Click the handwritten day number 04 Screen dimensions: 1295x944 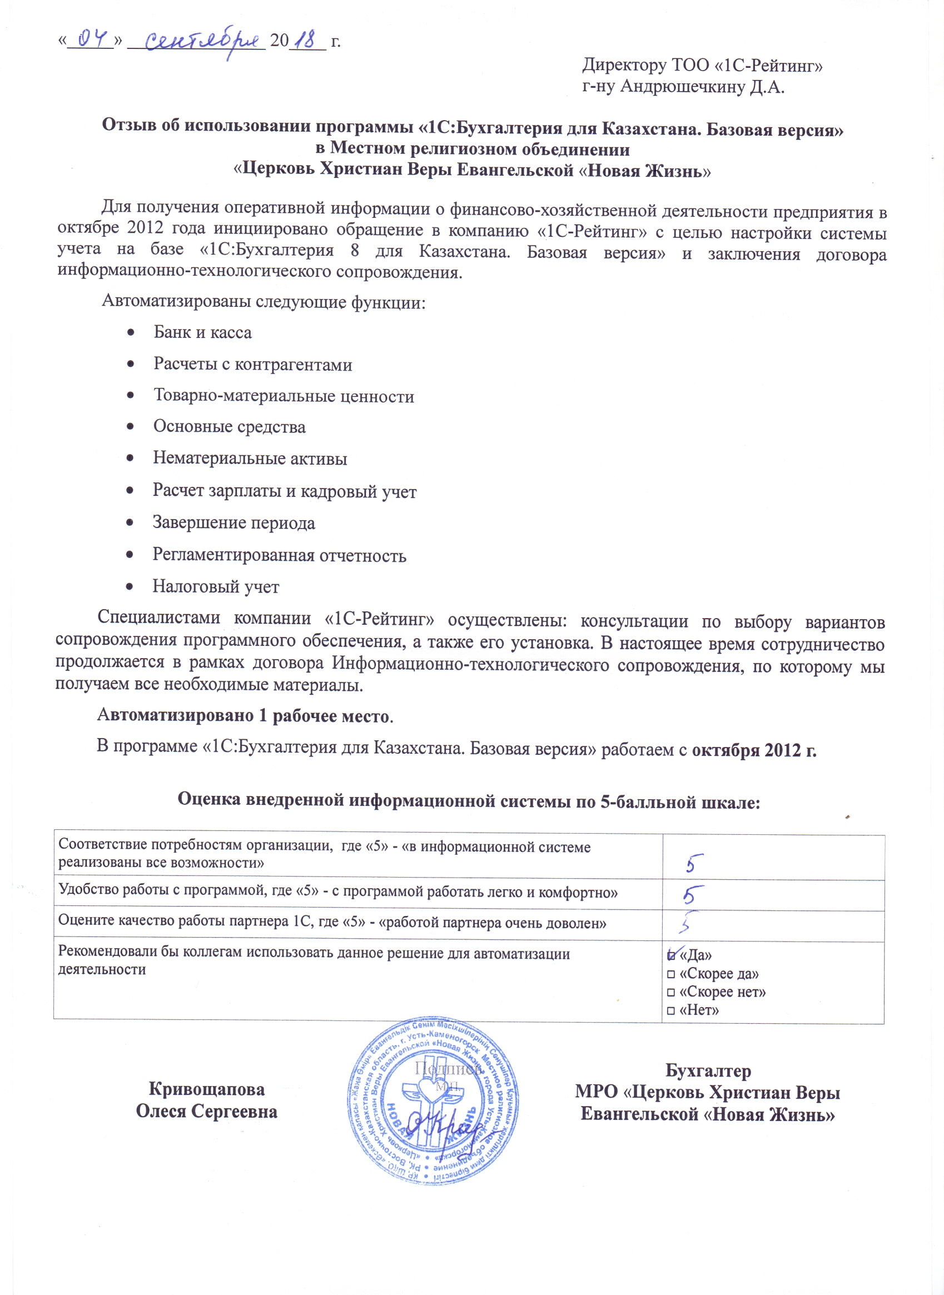tap(92, 39)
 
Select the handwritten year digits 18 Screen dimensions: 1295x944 tap(307, 41)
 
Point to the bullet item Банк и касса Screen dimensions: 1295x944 tap(202, 332)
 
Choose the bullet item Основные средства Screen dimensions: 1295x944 tap(229, 427)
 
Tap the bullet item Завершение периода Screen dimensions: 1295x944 tap(233, 522)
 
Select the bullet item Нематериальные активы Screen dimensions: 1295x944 tap(250, 458)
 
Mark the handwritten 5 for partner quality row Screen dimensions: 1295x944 tap(690, 922)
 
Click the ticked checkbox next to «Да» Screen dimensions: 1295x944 tap(671, 955)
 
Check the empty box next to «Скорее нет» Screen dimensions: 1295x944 tap(671, 992)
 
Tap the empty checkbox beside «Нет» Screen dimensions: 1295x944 tap(671, 1010)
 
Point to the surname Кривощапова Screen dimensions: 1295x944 tap(206, 1089)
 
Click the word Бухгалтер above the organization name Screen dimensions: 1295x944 tap(708, 1070)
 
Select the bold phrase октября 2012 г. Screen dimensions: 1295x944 tap(754, 750)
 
